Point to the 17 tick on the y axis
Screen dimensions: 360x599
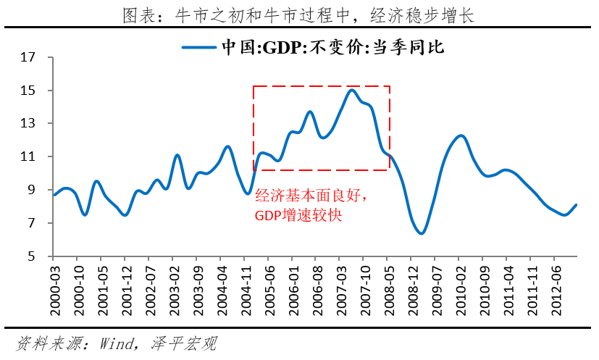pos(28,58)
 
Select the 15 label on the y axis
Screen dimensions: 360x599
pos(28,91)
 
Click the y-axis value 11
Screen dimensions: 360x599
pos(28,157)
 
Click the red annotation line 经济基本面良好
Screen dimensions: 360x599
pos(312,196)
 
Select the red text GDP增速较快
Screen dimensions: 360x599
pos(298,215)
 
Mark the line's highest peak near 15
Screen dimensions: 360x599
pos(351,90)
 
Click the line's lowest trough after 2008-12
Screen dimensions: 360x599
pos(421,233)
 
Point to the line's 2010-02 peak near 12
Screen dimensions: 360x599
pos(460,135)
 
